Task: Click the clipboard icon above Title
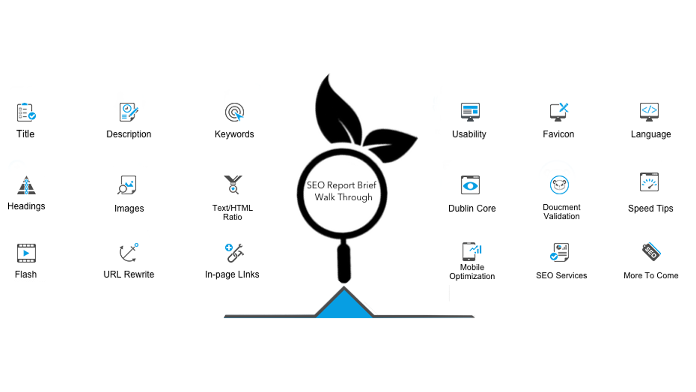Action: [x=26, y=112]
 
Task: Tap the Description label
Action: [x=129, y=134]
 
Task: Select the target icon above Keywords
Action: [x=234, y=112]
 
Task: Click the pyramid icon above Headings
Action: [x=27, y=185]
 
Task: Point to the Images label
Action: [x=129, y=208]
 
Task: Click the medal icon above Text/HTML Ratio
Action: [x=233, y=185]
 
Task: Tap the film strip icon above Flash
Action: [x=27, y=253]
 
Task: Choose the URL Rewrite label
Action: [x=129, y=274]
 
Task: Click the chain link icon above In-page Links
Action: [x=234, y=253]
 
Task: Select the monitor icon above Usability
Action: [x=470, y=112]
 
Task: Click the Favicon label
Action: [x=559, y=134]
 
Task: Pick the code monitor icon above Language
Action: [x=649, y=112]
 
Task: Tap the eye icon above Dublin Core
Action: [x=470, y=185]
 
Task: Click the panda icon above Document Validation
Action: [x=559, y=185]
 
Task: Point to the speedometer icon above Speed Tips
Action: [x=649, y=182]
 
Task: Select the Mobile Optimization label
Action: [x=472, y=272]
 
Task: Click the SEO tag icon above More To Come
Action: [x=651, y=252]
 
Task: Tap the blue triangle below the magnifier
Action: [x=344, y=305]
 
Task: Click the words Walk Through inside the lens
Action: [x=343, y=197]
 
